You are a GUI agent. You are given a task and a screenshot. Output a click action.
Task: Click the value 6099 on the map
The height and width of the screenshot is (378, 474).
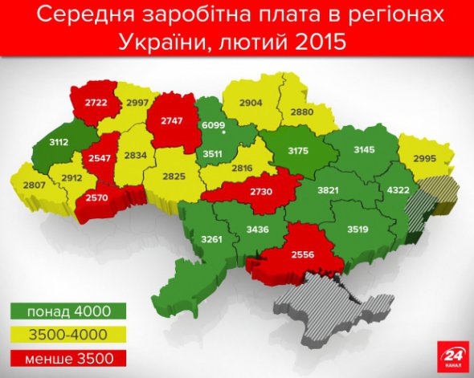[x=211, y=124]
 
